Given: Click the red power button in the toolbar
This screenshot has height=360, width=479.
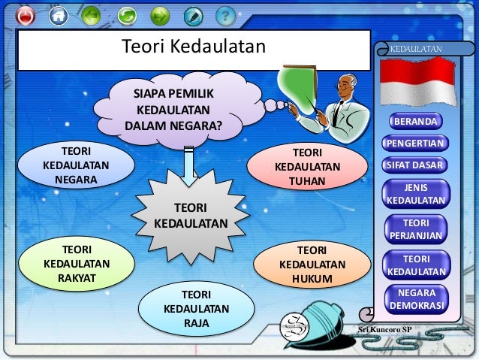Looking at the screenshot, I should [26, 15].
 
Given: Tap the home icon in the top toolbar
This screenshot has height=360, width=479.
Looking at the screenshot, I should [58, 15].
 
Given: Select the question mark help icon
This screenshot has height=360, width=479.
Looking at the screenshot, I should [225, 15].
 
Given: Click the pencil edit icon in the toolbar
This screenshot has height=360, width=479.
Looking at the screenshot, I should [193, 15].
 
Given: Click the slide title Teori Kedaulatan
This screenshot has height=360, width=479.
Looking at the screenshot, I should [194, 47].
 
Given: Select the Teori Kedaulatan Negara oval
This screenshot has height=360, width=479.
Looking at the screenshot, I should [75, 165].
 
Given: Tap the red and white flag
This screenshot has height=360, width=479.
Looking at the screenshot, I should [417, 81].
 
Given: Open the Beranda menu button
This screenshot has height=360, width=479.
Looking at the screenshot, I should [415, 121].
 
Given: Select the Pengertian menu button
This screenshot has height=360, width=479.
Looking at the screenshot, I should [415, 143].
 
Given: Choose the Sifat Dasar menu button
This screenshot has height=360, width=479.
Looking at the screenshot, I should [415, 165].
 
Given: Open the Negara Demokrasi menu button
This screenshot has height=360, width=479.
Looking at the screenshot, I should [415, 299].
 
